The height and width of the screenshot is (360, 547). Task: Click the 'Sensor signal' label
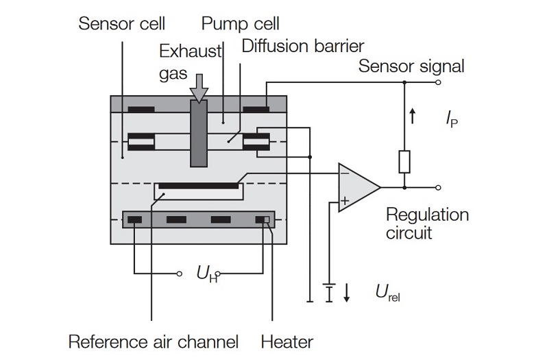411,66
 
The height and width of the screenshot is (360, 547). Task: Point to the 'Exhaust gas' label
190,62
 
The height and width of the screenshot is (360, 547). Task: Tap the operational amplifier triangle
358,187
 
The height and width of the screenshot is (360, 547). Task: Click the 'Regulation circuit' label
427,224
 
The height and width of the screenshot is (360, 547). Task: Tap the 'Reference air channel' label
154,341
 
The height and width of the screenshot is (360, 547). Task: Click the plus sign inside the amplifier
345,200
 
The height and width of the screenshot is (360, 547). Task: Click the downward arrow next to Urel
347,292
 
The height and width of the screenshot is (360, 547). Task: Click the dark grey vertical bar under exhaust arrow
199,133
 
